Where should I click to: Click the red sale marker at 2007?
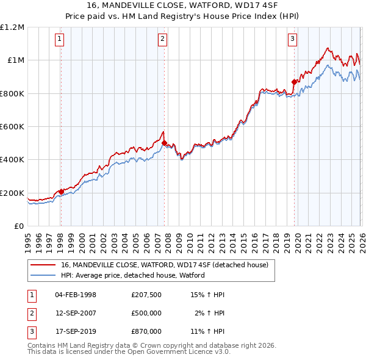pyautogui.click(x=165, y=143)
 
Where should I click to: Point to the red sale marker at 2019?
pyautogui.click(x=294, y=81)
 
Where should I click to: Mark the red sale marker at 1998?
pyautogui.click(x=61, y=192)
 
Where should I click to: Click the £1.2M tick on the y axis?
pyautogui.click(x=12, y=27)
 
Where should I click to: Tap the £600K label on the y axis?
pyautogui.click(x=12, y=127)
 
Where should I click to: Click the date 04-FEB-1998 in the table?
pyautogui.click(x=76, y=295)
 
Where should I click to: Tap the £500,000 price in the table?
pyautogui.click(x=146, y=313)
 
